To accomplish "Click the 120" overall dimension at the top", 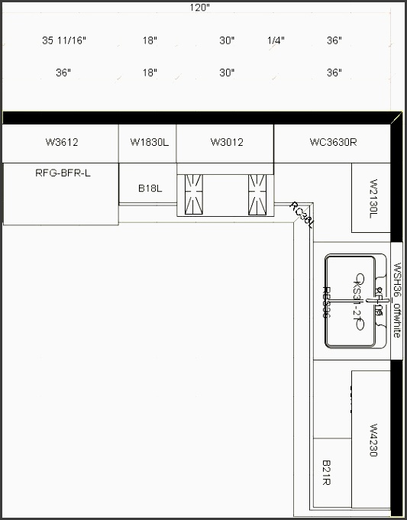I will [201, 7].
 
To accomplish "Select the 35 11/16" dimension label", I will [64, 40].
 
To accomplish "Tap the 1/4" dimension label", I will [276, 40].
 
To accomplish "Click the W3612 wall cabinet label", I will [62, 142].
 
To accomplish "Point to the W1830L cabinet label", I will [150, 142].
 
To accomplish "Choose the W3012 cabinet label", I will [227, 142].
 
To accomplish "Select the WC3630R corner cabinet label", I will [333, 142].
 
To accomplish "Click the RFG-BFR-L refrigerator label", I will [63, 173].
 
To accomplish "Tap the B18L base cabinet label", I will [150, 188].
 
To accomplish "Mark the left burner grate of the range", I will [192, 194].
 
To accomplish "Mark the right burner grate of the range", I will [257, 194].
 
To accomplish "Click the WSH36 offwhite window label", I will [397, 300].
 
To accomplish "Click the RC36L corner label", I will [302, 214].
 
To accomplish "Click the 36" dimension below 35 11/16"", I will [63, 73].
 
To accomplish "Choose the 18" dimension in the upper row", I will [150, 40].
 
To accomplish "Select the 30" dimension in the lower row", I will [227, 73].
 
